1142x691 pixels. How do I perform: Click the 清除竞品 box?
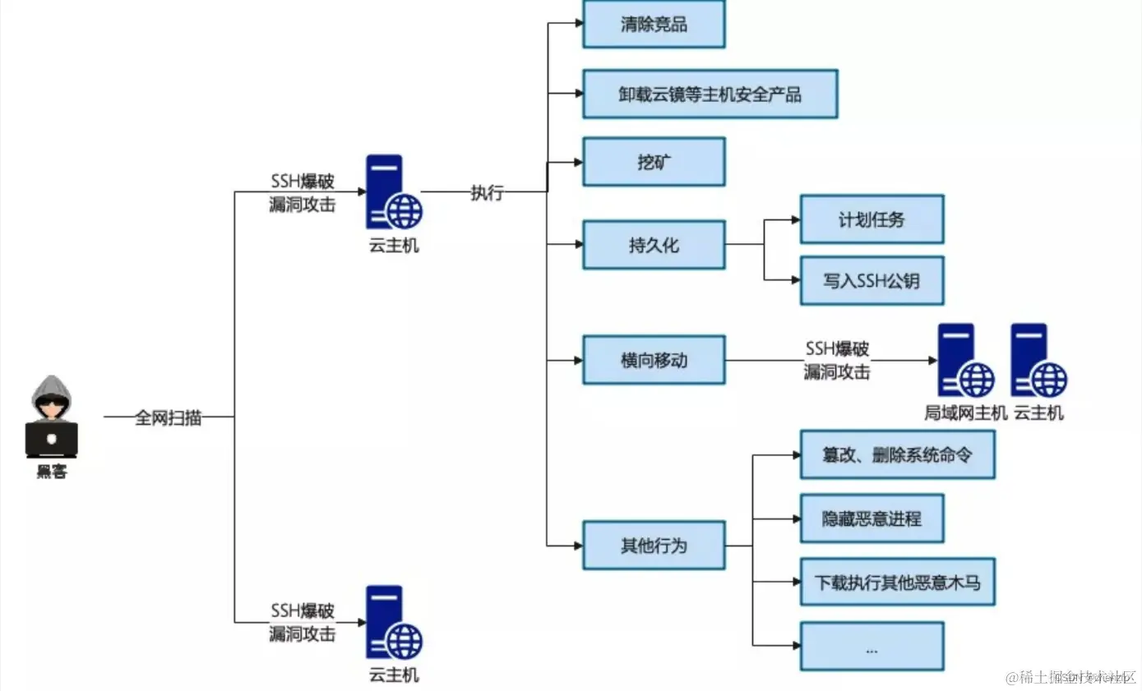pos(654,25)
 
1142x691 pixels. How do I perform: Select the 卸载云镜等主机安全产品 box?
pos(710,94)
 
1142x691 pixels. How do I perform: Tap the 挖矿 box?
pos(654,162)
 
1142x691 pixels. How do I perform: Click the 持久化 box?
pos(654,245)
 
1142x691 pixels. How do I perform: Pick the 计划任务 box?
pos(872,219)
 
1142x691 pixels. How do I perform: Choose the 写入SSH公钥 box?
pos(872,281)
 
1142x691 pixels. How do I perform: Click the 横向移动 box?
pos(654,360)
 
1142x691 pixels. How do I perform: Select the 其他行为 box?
pos(654,545)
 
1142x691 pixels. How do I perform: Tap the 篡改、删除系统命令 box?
pos(897,454)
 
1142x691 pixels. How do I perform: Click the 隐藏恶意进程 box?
pos(872,518)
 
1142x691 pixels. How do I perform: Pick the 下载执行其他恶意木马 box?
pos(897,583)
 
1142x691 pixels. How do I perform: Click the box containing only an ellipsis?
pos(872,647)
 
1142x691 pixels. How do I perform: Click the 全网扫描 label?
pos(169,417)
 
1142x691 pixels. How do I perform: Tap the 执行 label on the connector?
pos(487,193)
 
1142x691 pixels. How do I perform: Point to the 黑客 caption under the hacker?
pos(52,472)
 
